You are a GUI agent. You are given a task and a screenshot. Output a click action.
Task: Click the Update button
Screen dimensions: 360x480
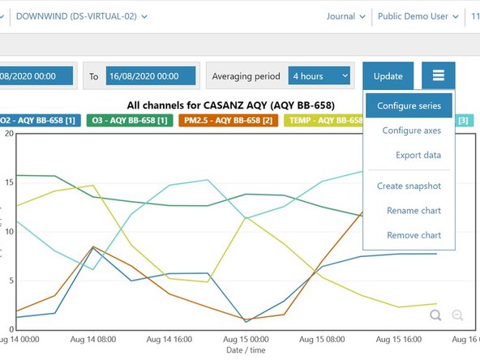click(x=388, y=76)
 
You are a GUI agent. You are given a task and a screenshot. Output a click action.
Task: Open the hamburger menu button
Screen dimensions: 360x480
click(x=438, y=76)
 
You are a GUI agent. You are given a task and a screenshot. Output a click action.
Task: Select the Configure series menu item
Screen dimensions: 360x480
click(x=409, y=106)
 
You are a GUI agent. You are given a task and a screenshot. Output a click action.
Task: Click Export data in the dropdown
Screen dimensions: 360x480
click(x=418, y=155)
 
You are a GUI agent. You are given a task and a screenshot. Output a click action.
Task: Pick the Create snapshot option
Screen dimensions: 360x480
click(x=409, y=186)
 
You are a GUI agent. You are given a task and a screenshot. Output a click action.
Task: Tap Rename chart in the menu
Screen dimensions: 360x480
click(x=414, y=211)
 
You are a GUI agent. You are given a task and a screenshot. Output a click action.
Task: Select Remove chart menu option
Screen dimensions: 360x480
click(x=414, y=235)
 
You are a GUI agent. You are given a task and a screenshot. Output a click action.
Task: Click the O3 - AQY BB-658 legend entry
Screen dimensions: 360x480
click(x=129, y=121)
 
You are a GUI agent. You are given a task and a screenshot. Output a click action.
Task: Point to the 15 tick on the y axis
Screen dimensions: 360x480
click(x=11, y=182)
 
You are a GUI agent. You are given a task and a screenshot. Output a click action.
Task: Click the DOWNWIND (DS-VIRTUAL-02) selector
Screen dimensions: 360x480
click(x=93, y=16)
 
